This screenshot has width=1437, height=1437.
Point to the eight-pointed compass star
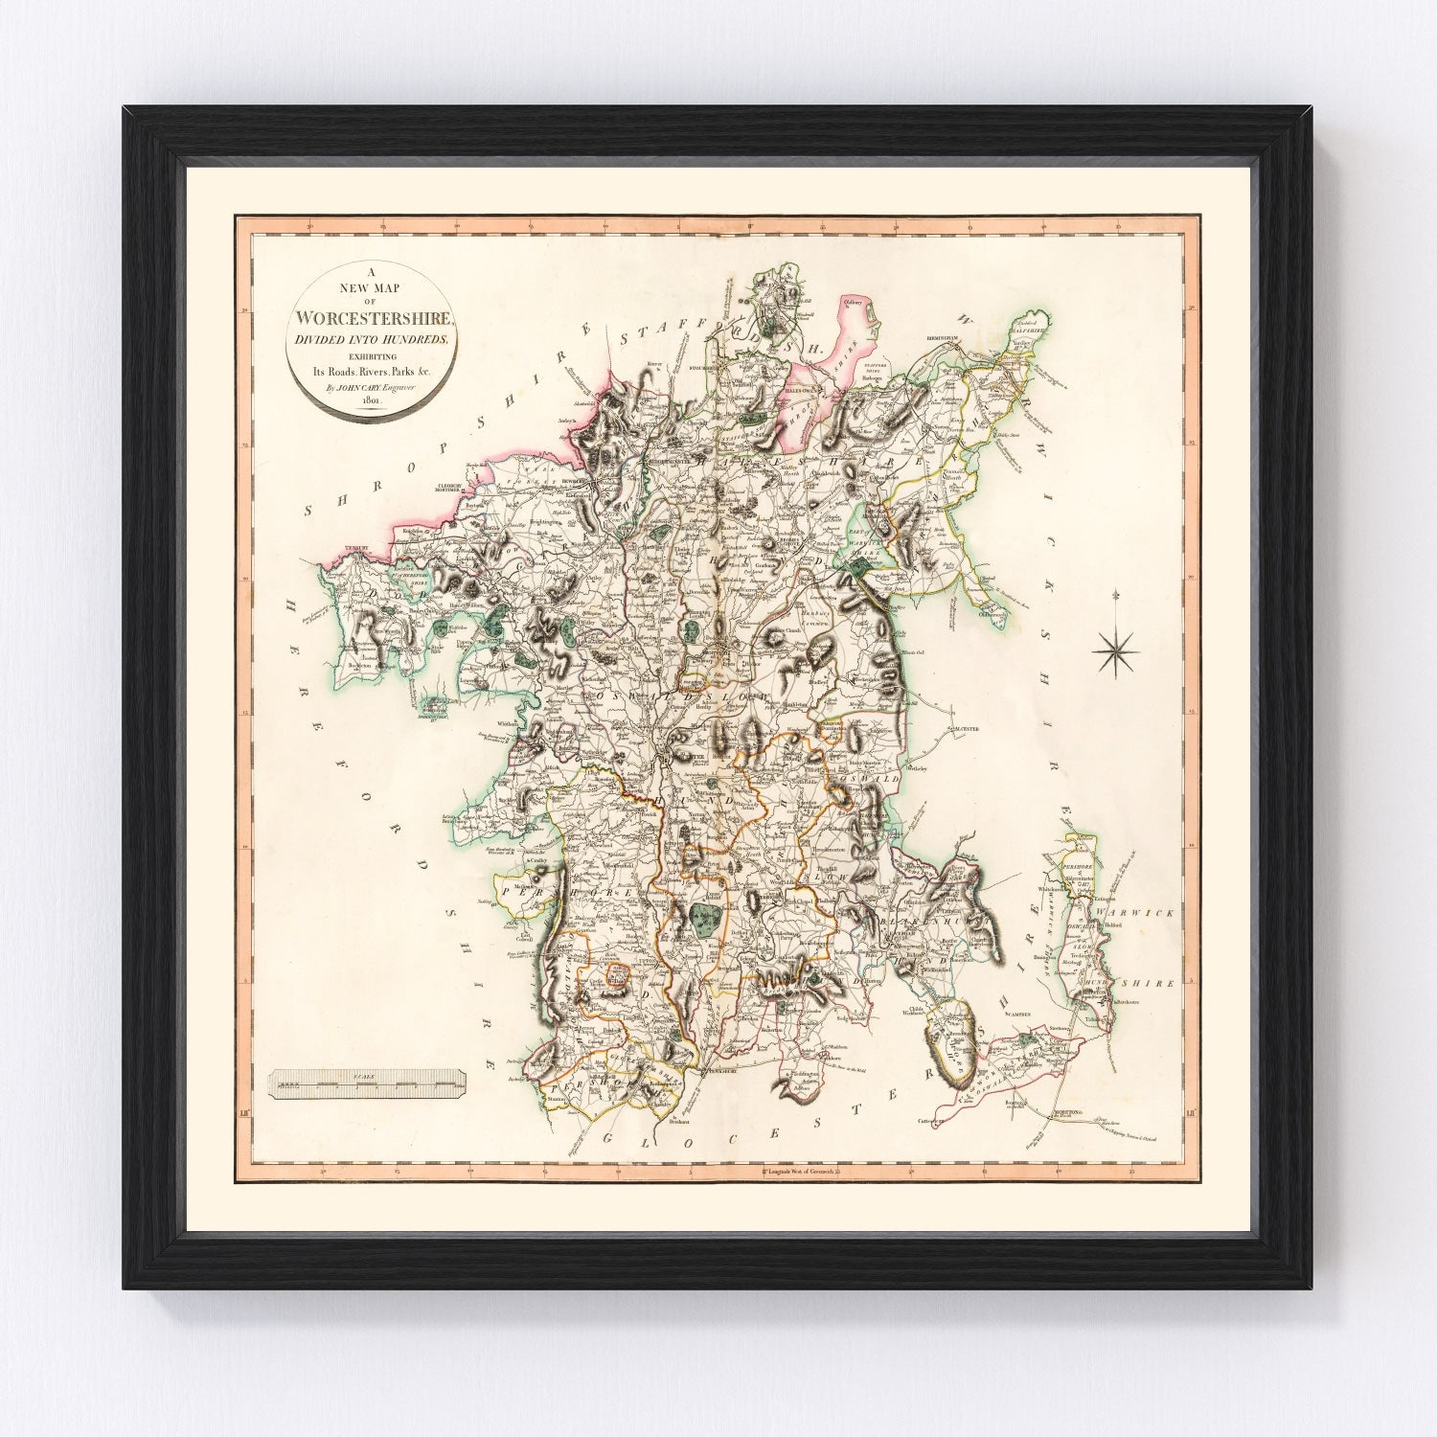[x=1117, y=652]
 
